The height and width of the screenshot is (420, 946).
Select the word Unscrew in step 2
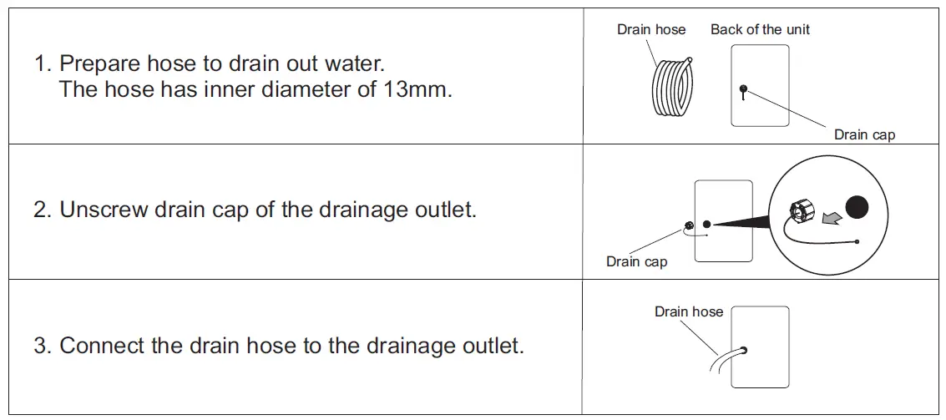(104, 209)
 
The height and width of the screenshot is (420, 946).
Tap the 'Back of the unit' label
(760, 29)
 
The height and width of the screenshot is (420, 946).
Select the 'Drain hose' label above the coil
(651, 29)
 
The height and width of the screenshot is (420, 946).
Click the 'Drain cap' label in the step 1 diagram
(864, 134)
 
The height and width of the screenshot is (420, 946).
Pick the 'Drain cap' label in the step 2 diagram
(636, 261)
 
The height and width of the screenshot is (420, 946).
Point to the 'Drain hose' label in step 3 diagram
(689, 311)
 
